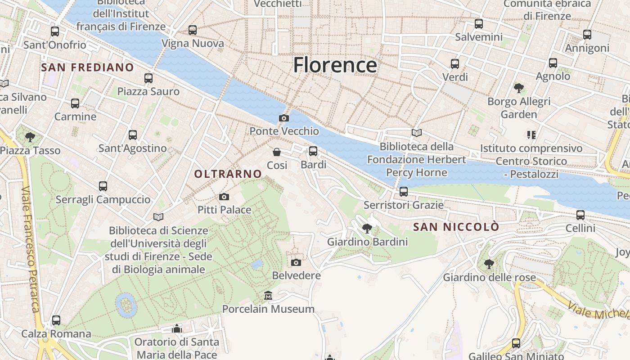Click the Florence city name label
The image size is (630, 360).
pyautogui.click(x=335, y=65)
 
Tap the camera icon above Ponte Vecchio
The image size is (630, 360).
pyautogui.click(x=284, y=118)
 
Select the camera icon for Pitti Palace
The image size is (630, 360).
pyautogui.click(x=224, y=197)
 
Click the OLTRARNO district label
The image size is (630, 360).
pyautogui.click(x=228, y=174)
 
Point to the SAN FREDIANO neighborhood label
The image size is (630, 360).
pyautogui.click(x=87, y=67)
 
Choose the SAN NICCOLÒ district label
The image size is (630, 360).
pyautogui.click(x=456, y=227)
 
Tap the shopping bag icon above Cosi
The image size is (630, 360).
pyautogui.click(x=277, y=152)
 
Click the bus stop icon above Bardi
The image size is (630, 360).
pyautogui.click(x=313, y=151)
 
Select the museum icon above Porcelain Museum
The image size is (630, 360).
pyautogui.click(x=268, y=296)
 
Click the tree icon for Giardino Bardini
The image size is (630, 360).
pyautogui.click(x=367, y=229)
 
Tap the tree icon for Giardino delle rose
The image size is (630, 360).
pyautogui.click(x=489, y=264)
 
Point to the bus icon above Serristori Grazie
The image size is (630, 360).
pyautogui.click(x=404, y=192)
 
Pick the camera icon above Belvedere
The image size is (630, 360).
pyautogui.click(x=296, y=262)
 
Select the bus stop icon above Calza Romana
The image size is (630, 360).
pyautogui.click(x=56, y=320)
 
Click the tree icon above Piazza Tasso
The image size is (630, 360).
pyautogui.click(x=30, y=137)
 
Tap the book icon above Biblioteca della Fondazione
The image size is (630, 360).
pyautogui.click(x=417, y=133)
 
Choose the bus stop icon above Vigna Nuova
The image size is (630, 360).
pyautogui.click(x=193, y=30)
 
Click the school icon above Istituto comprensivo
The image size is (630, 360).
pyautogui.click(x=531, y=135)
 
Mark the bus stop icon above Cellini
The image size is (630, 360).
pyautogui.click(x=580, y=215)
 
